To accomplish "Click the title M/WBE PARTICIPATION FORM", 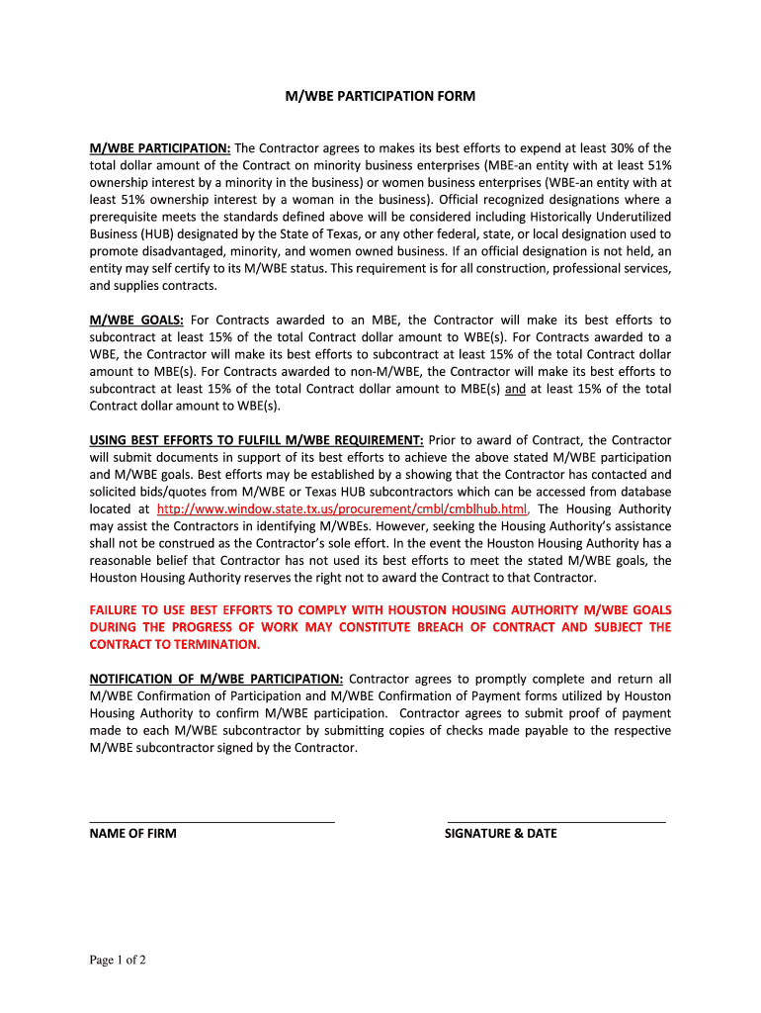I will (x=380, y=96).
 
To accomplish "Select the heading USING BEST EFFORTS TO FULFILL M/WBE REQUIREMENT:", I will (x=257, y=439).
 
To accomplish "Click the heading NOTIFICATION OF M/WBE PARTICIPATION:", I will (x=216, y=679).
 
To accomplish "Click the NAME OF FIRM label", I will (x=132, y=833).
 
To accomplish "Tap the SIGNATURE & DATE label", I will (x=501, y=833).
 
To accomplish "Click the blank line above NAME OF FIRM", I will (x=211, y=821).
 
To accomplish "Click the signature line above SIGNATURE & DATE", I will (x=556, y=821).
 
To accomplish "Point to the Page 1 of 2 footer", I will (x=118, y=960).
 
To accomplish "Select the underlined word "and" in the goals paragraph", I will (x=515, y=389).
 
